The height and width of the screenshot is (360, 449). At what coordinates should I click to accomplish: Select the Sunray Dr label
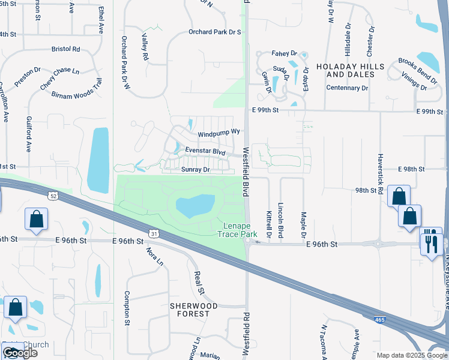(x=195, y=170)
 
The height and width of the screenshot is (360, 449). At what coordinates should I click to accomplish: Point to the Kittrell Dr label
(x=269, y=223)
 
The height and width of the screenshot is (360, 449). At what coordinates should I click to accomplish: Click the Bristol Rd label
(x=66, y=49)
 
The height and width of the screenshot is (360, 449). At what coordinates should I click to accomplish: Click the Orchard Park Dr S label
(x=214, y=32)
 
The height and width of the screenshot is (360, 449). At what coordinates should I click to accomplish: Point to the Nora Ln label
(x=155, y=257)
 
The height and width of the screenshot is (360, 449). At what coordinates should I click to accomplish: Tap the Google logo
(x=19, y=353)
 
